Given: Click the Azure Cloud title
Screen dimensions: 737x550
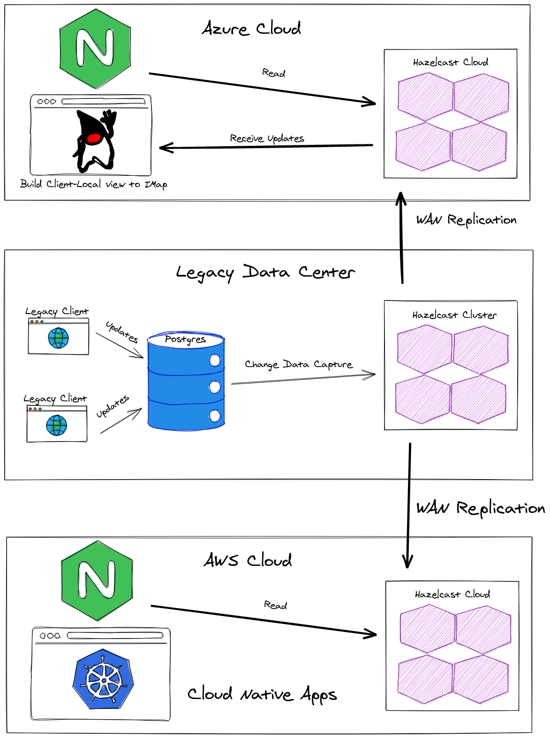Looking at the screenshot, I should coord(251,29).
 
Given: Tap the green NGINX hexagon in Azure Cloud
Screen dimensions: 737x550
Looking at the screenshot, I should coord(95,49).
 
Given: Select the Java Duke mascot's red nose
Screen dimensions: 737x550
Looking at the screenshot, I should coord(94,138).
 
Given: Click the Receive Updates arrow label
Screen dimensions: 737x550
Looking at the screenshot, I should coord(267,138).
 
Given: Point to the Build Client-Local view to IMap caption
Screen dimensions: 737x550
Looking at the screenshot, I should coord(93,184).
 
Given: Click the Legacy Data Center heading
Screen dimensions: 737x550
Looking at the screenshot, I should coord(265,272).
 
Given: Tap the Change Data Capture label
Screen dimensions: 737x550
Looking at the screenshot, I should coord(299,364).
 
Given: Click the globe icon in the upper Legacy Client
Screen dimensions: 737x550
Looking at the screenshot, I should coord(59,338).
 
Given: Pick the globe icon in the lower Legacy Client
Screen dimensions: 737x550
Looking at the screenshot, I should coord(57,425).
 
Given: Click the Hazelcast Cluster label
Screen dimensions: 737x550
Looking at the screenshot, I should coord(454,315).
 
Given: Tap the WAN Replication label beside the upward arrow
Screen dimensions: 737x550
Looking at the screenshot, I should coord(466,220).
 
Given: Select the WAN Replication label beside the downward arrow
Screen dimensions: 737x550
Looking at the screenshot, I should coord(480,508).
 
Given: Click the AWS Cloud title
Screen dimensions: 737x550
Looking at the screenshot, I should coord(248,560).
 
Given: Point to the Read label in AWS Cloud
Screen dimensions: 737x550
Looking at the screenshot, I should coord(275,605).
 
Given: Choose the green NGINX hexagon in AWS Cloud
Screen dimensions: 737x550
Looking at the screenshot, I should coord(97,581).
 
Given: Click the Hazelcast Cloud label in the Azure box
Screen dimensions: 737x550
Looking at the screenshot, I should coord(450,62).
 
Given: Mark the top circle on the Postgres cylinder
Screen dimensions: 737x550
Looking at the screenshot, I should coord(215,360).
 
